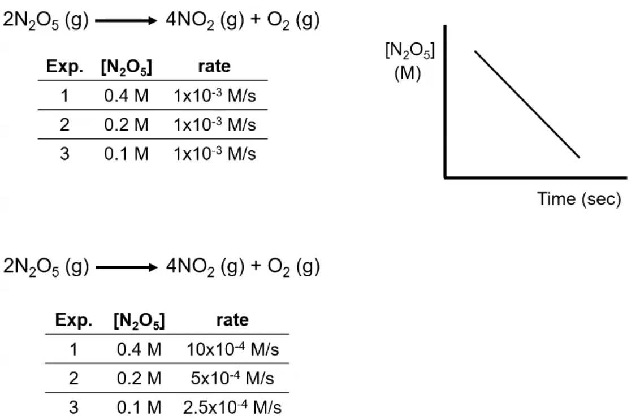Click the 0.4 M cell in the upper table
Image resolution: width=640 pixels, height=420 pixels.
pyautogui.click(x=127, y=96)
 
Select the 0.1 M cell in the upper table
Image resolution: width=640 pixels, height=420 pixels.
pyautogui.click(x=127, y=154)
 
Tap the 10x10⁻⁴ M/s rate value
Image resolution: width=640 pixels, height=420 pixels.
pyautogui.click(x=233, y=349)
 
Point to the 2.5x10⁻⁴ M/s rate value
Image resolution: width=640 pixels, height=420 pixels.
pyautogui.click(x=232, y=407)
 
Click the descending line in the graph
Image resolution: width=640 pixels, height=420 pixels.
pyautogui.click(x=527, y=104)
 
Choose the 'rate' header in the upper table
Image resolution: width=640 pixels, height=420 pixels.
pyautogui.click(x=215, y=67)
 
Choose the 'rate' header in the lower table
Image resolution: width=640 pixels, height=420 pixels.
pyautogui.click(x=232, y=321)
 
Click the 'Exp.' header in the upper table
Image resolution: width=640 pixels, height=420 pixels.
pyautogui.click(x=65, y=67)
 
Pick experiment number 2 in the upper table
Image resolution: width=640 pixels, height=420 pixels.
pyautogui.click(x=65, y=125)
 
